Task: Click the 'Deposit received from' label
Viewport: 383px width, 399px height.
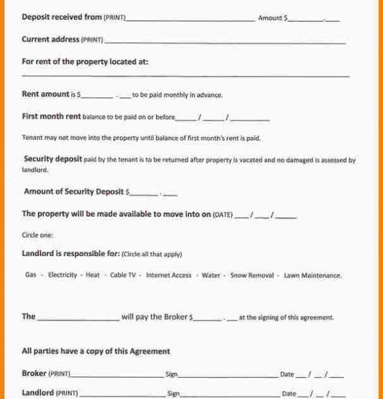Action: coord(61,17)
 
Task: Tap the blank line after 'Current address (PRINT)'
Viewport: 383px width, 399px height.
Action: coord(225,41)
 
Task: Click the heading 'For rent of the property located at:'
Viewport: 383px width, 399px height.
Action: coord(85,62)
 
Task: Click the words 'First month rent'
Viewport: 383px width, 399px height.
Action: coord(51,116)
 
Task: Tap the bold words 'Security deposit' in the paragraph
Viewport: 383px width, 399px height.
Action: coord(53,159)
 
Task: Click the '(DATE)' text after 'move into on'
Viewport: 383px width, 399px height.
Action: coord(222,215)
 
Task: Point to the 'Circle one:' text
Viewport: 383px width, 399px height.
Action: coord(37,235)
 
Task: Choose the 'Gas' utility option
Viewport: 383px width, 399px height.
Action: coord(31,275)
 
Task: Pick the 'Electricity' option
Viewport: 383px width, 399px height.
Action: coord(62,275)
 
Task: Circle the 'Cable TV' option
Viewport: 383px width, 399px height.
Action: coord(123,275)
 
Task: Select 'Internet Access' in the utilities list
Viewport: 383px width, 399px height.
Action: coord(168,275)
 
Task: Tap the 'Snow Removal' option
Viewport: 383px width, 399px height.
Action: coord(252,275)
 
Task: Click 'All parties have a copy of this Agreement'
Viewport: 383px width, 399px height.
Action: coord(96,351)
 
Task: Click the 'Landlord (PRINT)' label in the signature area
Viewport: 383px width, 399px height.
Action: coord(49,393)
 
